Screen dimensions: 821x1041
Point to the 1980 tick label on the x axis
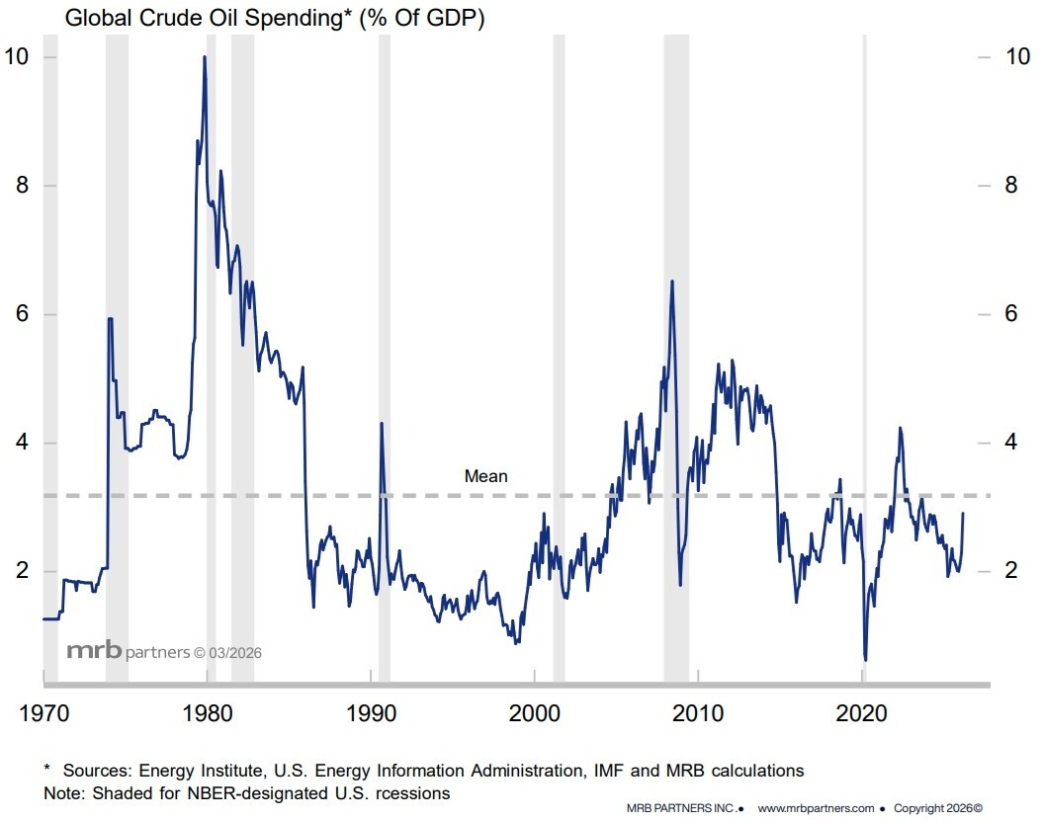click(x=207, y=712)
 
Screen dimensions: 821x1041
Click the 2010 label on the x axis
click(x=699, y=712)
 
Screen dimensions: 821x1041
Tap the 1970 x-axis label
click(x=43, y=712)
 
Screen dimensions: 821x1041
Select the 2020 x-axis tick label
click(x=863, y=712)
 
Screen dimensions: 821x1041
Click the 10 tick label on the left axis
click(x=16, y=56)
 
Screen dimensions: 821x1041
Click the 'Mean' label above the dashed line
click(x=485, y=476)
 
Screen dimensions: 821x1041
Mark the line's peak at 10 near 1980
click(x=205, y=57)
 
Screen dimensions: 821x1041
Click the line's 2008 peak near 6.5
click(x=672, y=282)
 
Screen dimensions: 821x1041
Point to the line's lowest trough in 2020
click(x=865, y=659)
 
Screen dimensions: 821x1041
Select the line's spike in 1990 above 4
click(x=382, y=424)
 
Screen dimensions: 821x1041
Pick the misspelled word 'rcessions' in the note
click(x=415, y=793)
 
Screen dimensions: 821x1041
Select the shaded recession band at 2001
click(x=559, y=356)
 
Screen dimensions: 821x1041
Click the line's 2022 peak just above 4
click(x=900, y=428)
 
